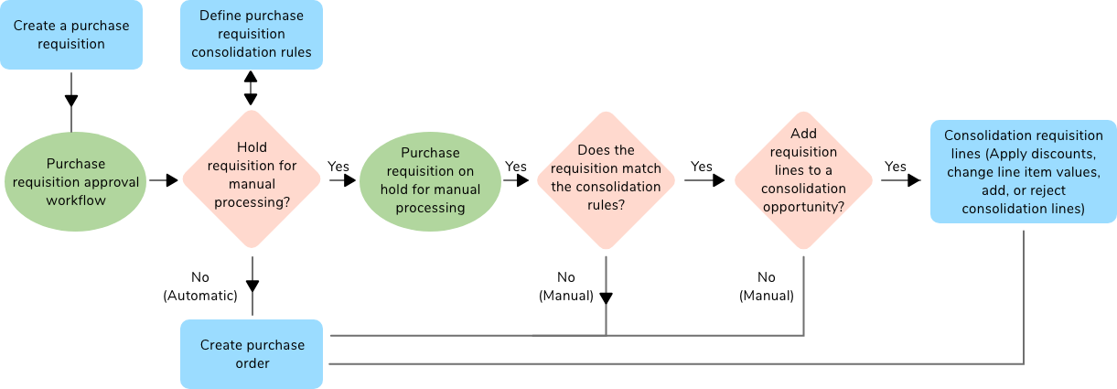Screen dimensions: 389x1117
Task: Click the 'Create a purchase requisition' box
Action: (71, 35)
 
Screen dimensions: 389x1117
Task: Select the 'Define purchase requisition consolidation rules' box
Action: (251, 35)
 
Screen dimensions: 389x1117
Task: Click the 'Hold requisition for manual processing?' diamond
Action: (252, 179)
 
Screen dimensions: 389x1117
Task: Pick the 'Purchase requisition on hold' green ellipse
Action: (430, 180)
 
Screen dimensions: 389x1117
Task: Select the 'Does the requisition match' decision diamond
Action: (607, 179)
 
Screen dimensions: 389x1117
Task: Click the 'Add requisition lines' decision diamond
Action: (803, 179)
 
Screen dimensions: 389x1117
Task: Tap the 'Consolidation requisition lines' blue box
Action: (1023, 172)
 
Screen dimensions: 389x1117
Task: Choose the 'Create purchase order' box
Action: (252, 354)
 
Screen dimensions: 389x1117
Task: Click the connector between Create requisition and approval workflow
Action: (71, 101)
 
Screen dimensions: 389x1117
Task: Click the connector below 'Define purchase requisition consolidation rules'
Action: (251, 89)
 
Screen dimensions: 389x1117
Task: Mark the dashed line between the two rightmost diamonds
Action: (704, 180)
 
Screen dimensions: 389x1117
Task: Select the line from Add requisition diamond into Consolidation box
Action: (901, 180)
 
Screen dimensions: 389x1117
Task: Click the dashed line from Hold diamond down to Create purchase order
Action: (252, 284)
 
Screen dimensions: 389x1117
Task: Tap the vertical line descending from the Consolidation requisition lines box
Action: (1023, 293)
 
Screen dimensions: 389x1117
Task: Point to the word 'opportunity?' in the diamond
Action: (803, 207)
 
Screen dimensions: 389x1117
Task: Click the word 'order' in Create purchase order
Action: (252, 363)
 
